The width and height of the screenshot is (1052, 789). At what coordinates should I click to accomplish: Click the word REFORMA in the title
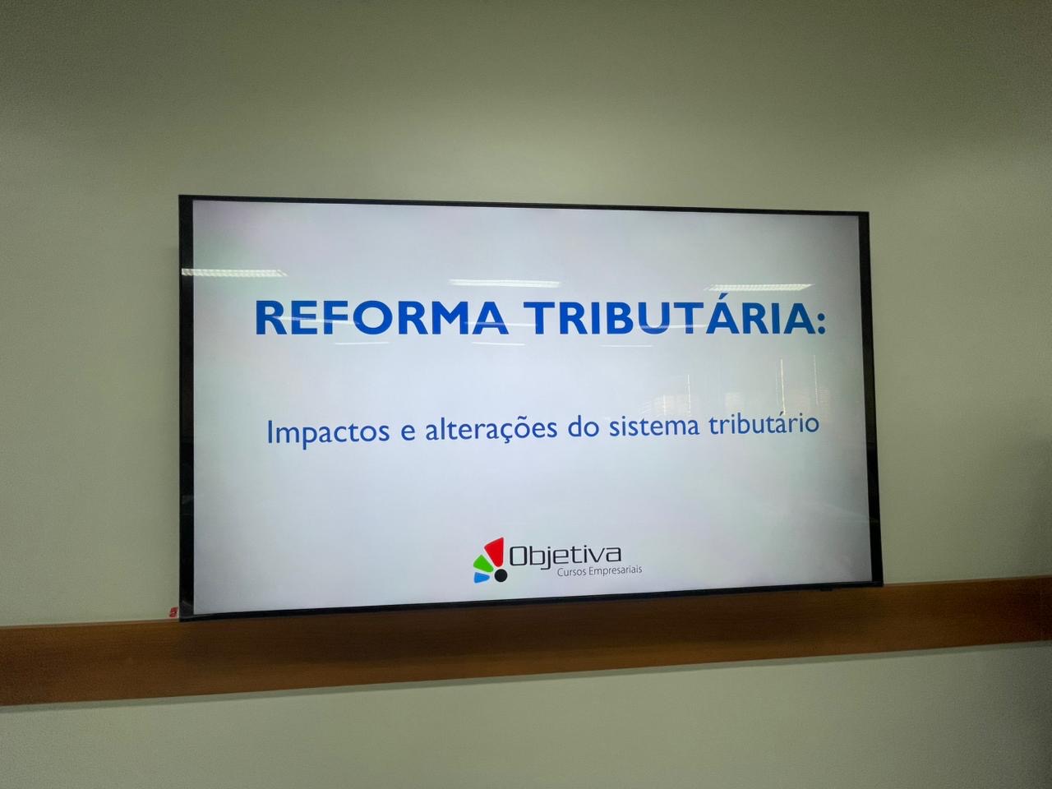pyautogui.click(x=381, y=317)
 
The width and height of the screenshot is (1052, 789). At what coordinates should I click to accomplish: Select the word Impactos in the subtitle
pyautogui.click(x=328, y=431)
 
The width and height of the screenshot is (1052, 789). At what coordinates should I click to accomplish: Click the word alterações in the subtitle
pyautogui.click(x=491, y=428)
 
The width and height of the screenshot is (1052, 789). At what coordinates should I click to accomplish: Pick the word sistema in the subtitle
pyautogui.click(x=653, y=426)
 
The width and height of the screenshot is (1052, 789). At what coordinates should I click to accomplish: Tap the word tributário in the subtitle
pyautogui.click(x=764, y=423)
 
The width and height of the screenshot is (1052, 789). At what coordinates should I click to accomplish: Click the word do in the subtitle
pyautogui.click(x=584, y=426)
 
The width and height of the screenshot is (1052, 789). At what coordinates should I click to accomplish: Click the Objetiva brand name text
pyautogui.click(x=565, y=556)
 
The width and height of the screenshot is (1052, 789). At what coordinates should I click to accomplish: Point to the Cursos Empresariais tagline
pyautogui.click(x=599, y=571)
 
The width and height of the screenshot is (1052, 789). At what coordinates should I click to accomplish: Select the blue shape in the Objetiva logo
pyautogui.click(x=482, y=577)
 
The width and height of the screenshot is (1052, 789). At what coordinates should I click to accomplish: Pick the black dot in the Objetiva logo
pyautogui.click(x=501, y=575)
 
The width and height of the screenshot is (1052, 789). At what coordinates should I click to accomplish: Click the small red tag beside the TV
pyautogui.click(x=173, y=611)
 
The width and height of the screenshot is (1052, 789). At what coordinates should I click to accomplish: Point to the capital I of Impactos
pyautogui.click(x=270, y=432)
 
